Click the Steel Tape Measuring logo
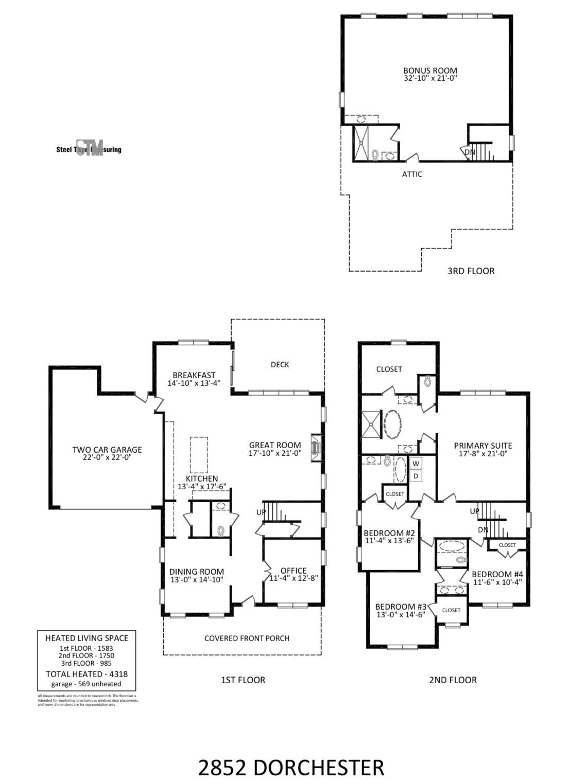89,148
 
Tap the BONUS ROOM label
430,70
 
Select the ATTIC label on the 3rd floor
412,174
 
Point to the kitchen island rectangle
199,454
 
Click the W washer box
416,464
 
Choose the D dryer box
416,476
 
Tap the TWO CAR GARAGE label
107,450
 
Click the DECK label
280,365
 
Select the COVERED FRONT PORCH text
247,638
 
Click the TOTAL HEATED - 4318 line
87,674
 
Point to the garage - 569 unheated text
87,684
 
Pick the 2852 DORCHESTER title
291,768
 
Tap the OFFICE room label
293,571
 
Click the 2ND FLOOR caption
453,680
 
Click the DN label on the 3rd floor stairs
470,152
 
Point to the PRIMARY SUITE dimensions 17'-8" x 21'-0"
483,454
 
